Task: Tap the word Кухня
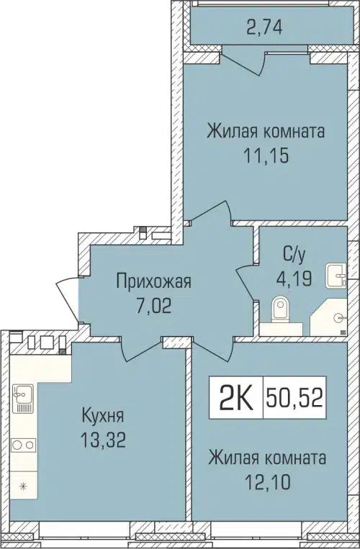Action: click(102, 415)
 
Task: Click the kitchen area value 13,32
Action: click(102, 440)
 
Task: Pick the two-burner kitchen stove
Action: click(22, 444)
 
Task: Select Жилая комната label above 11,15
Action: click(266, 132)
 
